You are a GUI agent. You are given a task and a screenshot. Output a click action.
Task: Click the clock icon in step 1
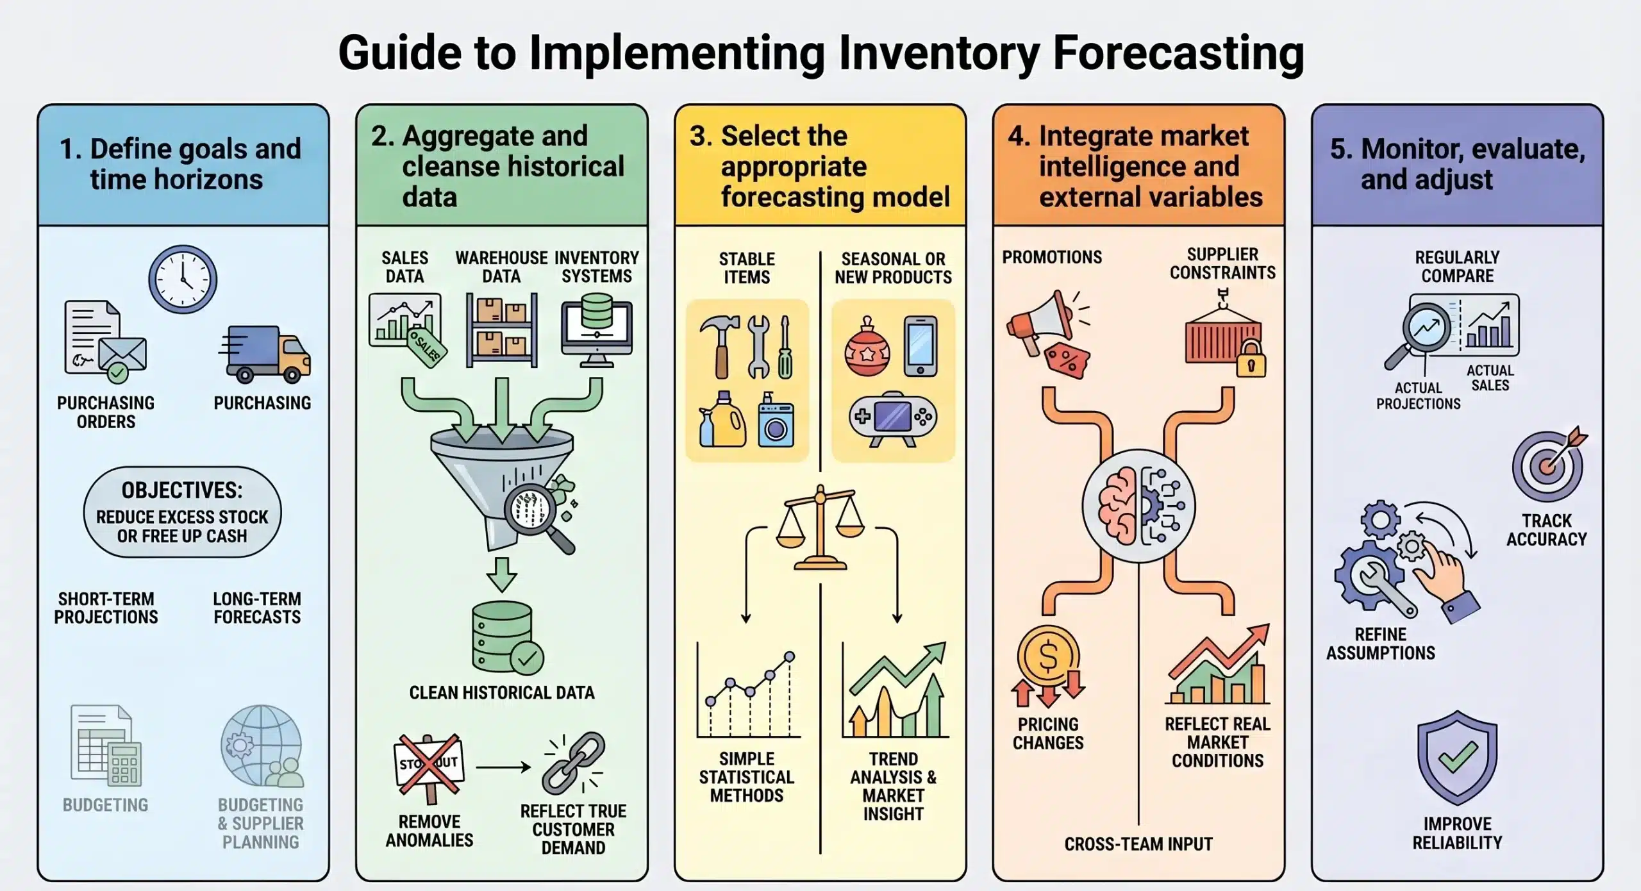(x=183, y=279)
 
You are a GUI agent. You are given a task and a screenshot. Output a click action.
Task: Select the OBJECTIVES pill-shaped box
(x=182, y=512)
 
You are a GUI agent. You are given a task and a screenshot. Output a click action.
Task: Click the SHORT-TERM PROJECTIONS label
(x=106, y=608)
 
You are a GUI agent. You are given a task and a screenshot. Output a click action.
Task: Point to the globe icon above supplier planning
(x=262, y=745)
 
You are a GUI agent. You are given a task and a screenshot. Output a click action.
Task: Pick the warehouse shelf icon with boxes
(x=501, y=330)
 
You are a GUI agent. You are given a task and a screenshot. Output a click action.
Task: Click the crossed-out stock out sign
(x=429, y=765)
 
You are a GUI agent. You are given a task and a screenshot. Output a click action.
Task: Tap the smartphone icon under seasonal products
(x=920, y=346)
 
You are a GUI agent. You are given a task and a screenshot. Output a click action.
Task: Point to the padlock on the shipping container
(x=1250, y=360)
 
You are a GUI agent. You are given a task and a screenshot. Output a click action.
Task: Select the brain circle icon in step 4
(x=1138, y=506)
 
